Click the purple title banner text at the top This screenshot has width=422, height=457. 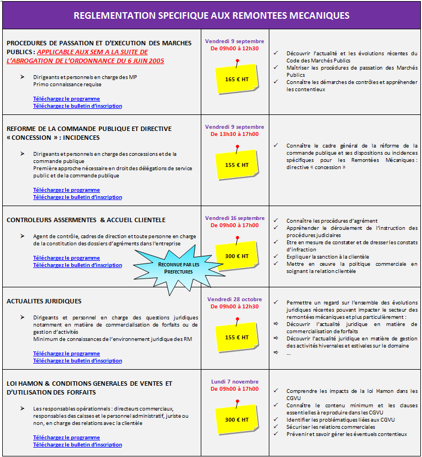pos(211,15)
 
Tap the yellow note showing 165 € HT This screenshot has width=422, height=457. pos(237,79)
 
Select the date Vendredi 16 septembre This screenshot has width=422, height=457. pos(235,218)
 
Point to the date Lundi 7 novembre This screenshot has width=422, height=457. pos(235,381)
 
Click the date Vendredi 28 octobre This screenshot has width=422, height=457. pos(235,300)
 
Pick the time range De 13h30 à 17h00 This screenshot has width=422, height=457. pos(235,134)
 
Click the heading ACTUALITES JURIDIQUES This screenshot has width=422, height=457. pos(44,301)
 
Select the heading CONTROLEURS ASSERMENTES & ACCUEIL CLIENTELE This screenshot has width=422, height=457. pos(86,220)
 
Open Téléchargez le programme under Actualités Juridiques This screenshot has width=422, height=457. pos(66,354)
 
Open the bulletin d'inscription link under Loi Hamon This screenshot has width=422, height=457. pos(77,445)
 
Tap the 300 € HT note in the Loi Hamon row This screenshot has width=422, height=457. pos(237,420)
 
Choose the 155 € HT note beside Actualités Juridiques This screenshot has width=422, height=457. pos(237,337)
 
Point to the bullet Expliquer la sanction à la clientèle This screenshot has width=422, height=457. pos(327,256)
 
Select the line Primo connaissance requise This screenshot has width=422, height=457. pos(67,85)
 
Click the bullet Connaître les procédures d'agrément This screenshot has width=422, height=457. pos(332,220)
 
